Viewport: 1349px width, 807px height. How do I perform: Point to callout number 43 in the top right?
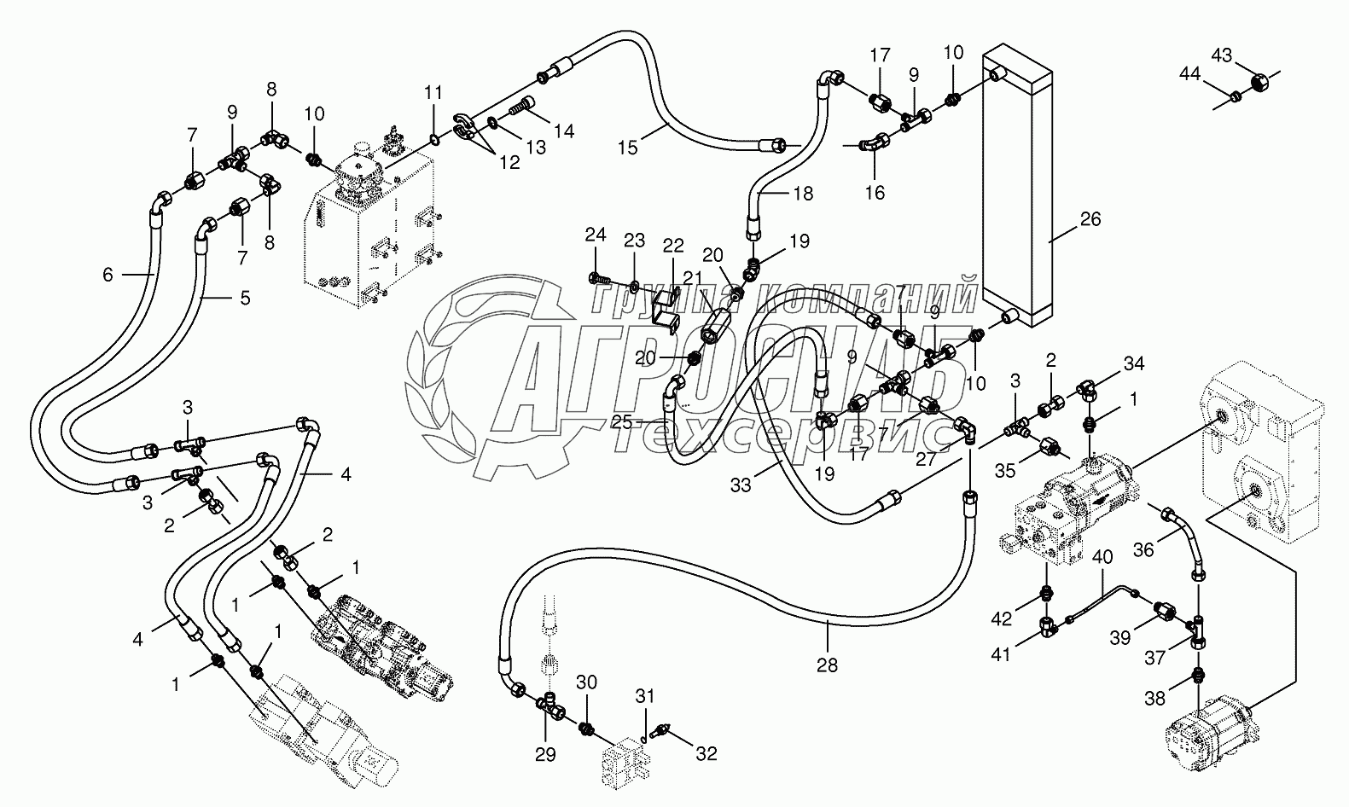coord(1222,56)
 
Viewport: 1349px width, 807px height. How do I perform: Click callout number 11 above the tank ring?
coord(433,91)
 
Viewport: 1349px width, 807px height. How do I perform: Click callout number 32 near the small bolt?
coord(706,753)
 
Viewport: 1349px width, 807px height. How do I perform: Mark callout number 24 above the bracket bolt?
coord(596,235)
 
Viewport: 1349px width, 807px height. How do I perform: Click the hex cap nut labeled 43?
coord(1259,83)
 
